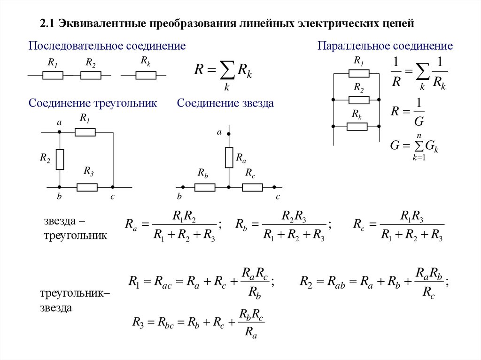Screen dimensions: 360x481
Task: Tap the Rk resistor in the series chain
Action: pos(146,75)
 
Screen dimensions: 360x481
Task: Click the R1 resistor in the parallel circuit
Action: pos(359,73)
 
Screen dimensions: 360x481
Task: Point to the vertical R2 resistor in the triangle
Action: pos(60,159)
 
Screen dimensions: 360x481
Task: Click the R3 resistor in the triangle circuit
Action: pos(87,187)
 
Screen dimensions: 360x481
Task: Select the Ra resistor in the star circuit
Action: pos(229,157)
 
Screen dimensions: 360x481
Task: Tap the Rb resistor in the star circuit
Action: pos(205,187)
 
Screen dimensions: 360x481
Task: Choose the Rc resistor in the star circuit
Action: pos(252,187)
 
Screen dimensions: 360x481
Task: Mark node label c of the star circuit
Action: pos(278,197)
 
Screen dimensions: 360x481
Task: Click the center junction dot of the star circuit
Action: pos(229,187)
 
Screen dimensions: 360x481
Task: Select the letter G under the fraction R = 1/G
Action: pos(419,122)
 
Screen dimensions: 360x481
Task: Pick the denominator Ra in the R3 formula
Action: pos(251,332)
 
